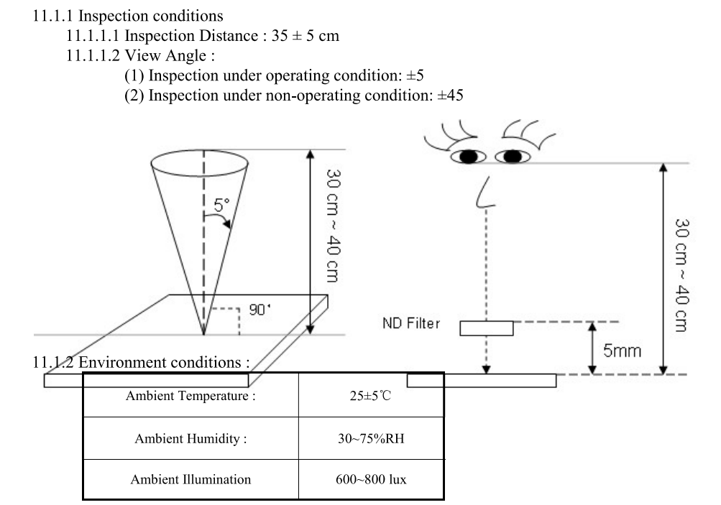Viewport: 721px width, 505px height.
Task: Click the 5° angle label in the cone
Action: pyautogui.click(x=221, y=205)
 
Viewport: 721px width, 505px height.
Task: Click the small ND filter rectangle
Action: pyautogui.click(x=487, y=328)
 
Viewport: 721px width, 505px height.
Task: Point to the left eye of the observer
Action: pyautogui.click(x=468, y=157)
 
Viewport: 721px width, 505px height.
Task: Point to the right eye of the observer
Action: pyautogui.click(x=511, y=157)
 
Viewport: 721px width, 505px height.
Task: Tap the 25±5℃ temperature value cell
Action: pyautogui.click(x=372, y=395)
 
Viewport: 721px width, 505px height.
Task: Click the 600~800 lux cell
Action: pyautogui.click(x=371, y=479)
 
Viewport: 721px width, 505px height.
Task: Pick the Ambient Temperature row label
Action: pyautogui.click(x=191, y=395)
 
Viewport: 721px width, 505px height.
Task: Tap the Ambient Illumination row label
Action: pyautogui.click(x=191, y=479)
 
